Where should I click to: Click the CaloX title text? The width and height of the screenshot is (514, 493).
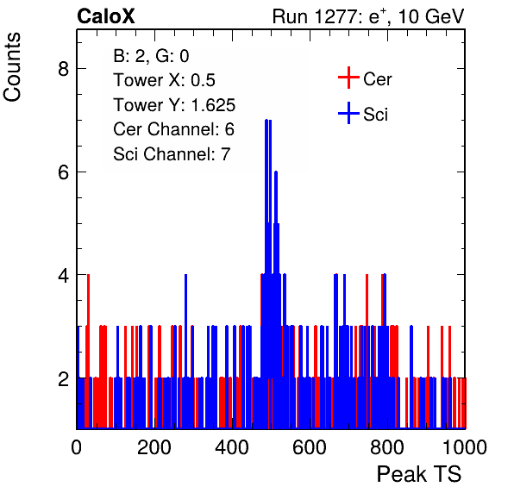(x=106, y=16)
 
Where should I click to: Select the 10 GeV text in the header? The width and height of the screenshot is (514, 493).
(x=431, y=17)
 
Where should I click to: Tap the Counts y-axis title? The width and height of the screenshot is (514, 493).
(x=12, y=67)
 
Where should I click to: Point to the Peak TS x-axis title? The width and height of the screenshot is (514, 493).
(x=419, y=474)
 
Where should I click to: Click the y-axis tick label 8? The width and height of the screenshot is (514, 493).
(x=63, y=69)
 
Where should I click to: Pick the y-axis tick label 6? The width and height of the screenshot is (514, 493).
(x=63, y=172)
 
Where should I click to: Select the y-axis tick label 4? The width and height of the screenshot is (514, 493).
(x=63, y=275)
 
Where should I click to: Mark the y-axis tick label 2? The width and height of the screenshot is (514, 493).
(x=63, y=378)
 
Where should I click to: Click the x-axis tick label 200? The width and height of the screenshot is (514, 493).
(x=154, y=446)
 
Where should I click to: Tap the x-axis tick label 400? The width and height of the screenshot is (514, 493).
(x=232, y=446)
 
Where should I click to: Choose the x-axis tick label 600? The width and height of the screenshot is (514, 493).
(x=310, y=446)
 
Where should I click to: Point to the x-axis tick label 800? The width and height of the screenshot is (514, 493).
(x=387, y=446)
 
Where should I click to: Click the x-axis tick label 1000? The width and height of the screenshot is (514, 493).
(x=465, y=446)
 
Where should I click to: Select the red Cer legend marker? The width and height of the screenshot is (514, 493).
(x=348, y=78)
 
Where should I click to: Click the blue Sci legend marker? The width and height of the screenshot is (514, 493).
(x=348, y=113)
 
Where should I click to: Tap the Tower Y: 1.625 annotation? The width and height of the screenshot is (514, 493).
(x=174, y=105)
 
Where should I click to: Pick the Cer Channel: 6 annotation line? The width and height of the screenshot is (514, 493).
(x=173, y=129)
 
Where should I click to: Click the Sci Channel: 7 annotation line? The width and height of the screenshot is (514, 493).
(x=172, y=154)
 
